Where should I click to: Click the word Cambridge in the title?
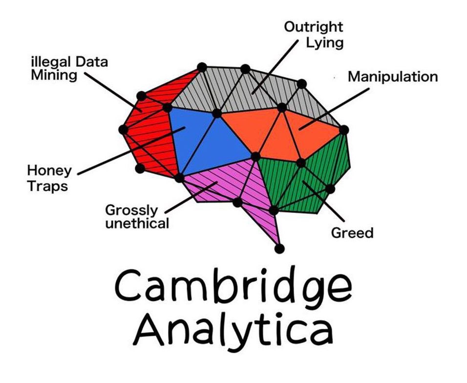233,286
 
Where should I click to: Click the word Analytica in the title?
233,329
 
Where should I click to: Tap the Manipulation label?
393,77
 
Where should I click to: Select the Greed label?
352,233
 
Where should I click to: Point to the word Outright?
313,27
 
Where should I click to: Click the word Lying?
325,43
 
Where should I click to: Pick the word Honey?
49,171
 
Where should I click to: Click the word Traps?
48,186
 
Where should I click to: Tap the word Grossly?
131,210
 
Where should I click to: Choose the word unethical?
137,223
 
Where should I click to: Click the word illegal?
51,63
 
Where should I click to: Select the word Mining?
54,75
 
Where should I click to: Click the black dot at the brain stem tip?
279,248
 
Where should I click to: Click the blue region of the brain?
206,140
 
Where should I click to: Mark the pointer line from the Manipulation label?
334,109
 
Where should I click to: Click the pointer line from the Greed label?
323,201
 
